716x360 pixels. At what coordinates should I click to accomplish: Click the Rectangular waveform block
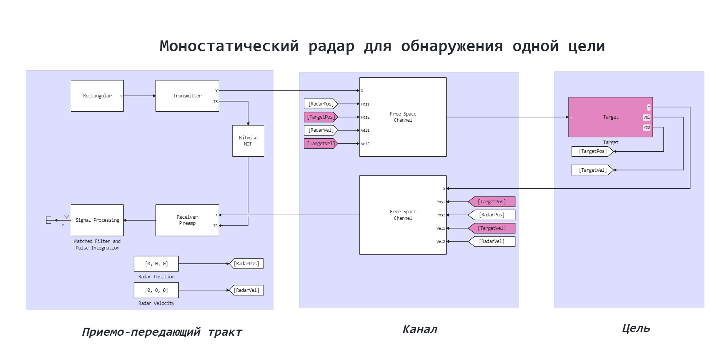pyautogui.click(x=97, y=96)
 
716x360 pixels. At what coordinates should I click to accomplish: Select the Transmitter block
pyautogui.click(x=187, y=96)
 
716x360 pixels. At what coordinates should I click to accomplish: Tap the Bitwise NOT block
pyautogui.click(x=248, y=141)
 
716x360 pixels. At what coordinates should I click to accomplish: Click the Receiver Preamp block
pyautogui.click(x=187, y=220)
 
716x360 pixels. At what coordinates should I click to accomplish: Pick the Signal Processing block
pyautogui.click(x=97, y=220)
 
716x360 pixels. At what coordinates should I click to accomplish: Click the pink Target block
pyautogui.click(x=610, y=117)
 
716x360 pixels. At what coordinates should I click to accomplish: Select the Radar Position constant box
pyautogui.click(x=156, y=264)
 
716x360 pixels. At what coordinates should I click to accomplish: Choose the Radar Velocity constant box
pyautogui.click(x=156, y=290)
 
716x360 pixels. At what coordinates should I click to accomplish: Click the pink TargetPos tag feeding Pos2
pyautogui.click(x=320, y=117)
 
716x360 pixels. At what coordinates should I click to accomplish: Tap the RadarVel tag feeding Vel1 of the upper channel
pyautogui.click(x=320, y=130)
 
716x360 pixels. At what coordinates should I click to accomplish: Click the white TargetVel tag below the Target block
pyautogui.click(x=592, y=170)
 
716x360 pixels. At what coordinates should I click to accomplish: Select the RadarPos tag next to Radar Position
pyautogui.click(x=246, y=264)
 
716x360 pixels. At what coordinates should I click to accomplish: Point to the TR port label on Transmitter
pyautogui.click(x=216, y=102)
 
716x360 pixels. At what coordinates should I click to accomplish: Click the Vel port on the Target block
pyautogui.click(x=647, y=117)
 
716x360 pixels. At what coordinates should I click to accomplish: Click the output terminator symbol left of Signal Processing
pyautogui.click(x=49, y=220)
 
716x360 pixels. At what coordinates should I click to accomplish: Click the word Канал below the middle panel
pyautogui.click(x=420, y=329)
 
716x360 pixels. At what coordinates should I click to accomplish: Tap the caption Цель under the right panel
pyautogui.click(x=636, y=328)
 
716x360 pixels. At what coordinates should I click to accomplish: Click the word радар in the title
pyautogui.click(x=331, y=46)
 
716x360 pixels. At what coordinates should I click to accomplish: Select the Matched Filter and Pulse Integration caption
pyautogui.click(x=97, y=244)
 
